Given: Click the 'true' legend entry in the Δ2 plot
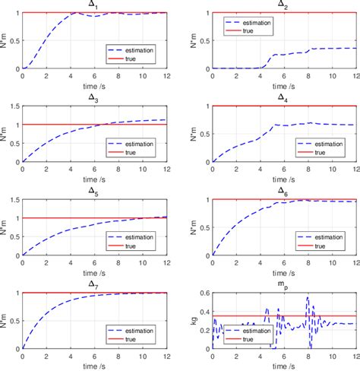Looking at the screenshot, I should pos(251,32).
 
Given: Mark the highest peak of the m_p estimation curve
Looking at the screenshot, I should pos(308,297).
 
